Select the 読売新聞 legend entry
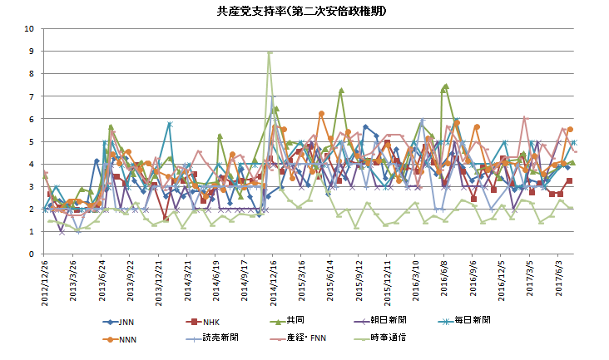(220, 338)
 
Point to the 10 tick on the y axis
(29, 28)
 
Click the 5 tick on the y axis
(31, 141)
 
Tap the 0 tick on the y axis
(31, 254)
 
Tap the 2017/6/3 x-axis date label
(562, 279)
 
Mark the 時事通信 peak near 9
(270, 52)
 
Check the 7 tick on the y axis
(31, 96)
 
